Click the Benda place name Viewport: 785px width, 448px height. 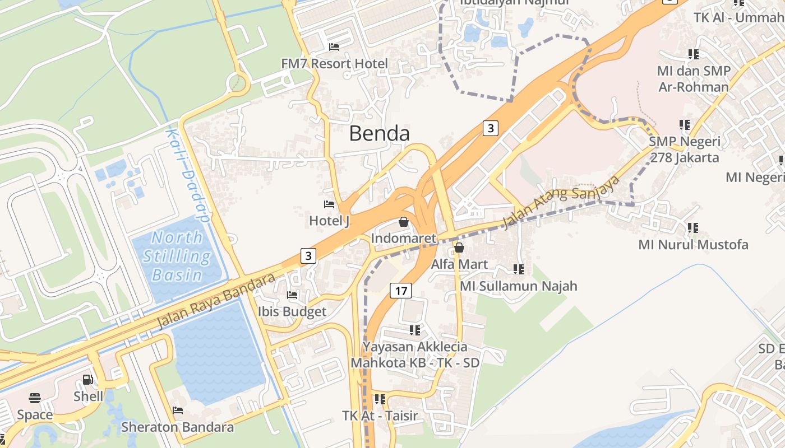[x=379, y=133]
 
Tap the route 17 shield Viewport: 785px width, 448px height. [x=400, y=291]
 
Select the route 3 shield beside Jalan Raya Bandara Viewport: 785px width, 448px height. [x=308, y=256]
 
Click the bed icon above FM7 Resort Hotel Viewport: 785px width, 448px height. [x=334, y=47]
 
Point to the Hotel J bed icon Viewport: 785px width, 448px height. [x=329, y=204]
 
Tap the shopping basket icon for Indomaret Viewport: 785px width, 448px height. [x=403, y=222]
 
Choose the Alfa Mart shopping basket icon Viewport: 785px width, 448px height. [x=459, y=248]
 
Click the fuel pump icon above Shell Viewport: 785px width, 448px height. [x=88, y=380]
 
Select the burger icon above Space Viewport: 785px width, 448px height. [x=35, y=398]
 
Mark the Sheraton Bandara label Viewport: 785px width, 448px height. [x=177, y=427]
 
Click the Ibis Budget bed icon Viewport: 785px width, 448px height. [x=292, y=295]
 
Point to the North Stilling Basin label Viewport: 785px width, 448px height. [x=177, y=256]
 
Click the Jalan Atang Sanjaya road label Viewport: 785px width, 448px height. [x=561, y=202]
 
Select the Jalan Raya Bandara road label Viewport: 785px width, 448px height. [x=216, y=301]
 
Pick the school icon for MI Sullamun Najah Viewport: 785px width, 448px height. [x=519, y=269]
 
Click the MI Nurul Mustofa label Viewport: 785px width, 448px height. [x=693, y=245]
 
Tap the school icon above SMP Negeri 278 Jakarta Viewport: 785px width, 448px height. [x=684, y=124]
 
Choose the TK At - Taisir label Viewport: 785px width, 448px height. [x=380, y=416]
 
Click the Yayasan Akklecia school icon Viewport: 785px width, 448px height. [x=415, y=330]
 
